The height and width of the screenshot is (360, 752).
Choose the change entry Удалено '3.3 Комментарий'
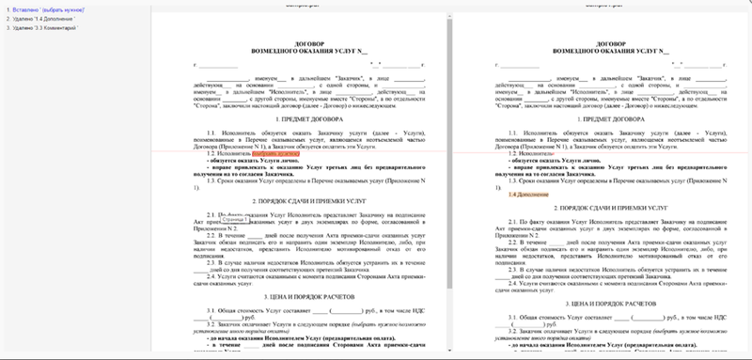pos(41,28)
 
